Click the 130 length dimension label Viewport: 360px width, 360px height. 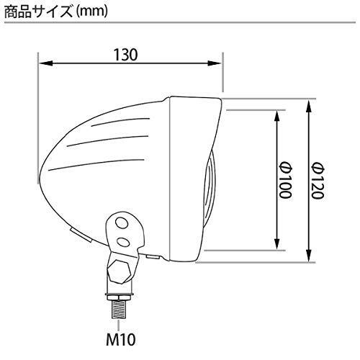pyautogui.click(x=125, y=55)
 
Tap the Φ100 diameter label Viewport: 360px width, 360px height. pyautogui.click(x=285, y=180)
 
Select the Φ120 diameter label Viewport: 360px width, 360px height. pyautogui.click(x=318, y=180)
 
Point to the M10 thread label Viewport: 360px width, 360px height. pyautogui.click(x=121, y=339)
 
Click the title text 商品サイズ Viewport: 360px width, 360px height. pyautogui.click(x=38, y=12)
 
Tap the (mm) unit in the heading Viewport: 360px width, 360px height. pyautogui.click(x=91, y=13)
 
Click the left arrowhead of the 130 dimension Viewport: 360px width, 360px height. pyautogui.click(x=45, y=63)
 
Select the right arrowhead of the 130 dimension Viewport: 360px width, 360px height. pyautogui.click(x=215, y=63)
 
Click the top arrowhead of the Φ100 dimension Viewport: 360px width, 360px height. pyautogui.click(x=276, y=117)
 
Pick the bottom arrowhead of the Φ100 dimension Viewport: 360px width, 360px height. pyautogui.click(x=276, y=243)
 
